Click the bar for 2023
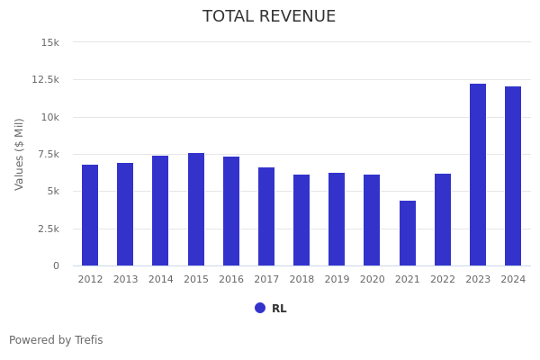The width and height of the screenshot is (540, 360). point(478,175)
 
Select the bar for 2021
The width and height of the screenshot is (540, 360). point(408,233)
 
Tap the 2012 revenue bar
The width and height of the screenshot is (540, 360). point(90,215)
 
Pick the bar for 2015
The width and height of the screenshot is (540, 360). point(196,209)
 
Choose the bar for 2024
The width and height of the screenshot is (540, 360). point(513,175)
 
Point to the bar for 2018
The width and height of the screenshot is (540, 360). point(301,220)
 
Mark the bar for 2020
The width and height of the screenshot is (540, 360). point(372,220)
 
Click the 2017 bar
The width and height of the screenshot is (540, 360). point(266,216)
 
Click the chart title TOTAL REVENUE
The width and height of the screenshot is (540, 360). point(269,17)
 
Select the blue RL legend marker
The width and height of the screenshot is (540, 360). point(260,308)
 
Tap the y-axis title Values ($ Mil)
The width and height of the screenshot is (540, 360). point(20,154)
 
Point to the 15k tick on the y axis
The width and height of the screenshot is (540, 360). point(50,42)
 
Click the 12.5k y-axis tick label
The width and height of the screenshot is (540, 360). point(46,79)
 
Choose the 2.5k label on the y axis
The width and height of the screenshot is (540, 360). point(49,229)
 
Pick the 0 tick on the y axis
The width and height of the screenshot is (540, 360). point(56,265)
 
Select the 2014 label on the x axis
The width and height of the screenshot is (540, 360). point(160,280)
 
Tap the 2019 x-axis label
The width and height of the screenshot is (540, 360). point(337,280)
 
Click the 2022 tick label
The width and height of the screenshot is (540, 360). point(443,280)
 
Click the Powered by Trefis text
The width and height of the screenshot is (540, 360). point(56,340)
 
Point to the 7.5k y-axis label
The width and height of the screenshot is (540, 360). point(49,154)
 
